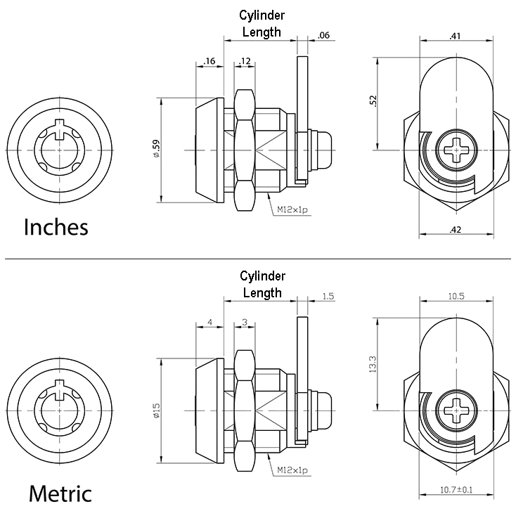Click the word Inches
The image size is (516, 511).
(56, 227)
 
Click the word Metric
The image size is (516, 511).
(60, 492)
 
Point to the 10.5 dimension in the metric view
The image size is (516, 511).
(456, 295)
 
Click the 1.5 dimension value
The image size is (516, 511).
(328, 297)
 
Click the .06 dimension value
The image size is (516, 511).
(324, 35)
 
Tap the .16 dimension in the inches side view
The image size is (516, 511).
(209, 62)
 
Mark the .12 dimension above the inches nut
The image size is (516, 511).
(245, 62)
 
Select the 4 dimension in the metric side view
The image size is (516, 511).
(209, 322)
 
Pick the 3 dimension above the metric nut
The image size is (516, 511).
(244, 322)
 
